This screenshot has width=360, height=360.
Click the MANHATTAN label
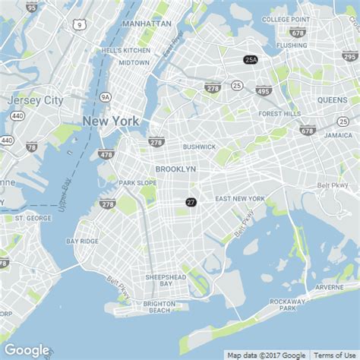pos(146,24)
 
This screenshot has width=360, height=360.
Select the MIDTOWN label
pos(134,62)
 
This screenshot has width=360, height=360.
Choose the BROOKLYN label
pos(175,169)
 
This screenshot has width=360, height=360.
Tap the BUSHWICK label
pos(199,147)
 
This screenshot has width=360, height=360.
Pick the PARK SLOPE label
pos(137,183)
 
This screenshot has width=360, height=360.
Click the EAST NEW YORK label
pos(239,198)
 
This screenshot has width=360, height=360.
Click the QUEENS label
pos(332,99)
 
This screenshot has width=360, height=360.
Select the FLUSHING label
pos(291,46)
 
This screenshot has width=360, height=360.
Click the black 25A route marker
pos(250,59)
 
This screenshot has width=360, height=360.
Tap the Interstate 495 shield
pos(264,91)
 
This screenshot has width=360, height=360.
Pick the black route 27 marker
pos(191,201)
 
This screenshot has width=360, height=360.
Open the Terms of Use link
pos(336,354)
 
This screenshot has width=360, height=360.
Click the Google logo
pos(27,350)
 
